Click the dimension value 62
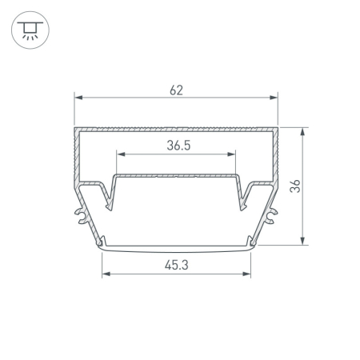tap(176, 90)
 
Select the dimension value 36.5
tap(178, 146)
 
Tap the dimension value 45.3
tap(177, 265)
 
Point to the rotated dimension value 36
tap(295, 186)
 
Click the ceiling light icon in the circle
tap(30, 30)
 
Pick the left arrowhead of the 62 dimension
tap(78, 98)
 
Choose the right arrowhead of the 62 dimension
tap(274, 98)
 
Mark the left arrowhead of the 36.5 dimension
tap(121, 154)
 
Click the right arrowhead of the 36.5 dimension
tap(231, 154)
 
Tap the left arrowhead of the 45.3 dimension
tap(106, 274)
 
